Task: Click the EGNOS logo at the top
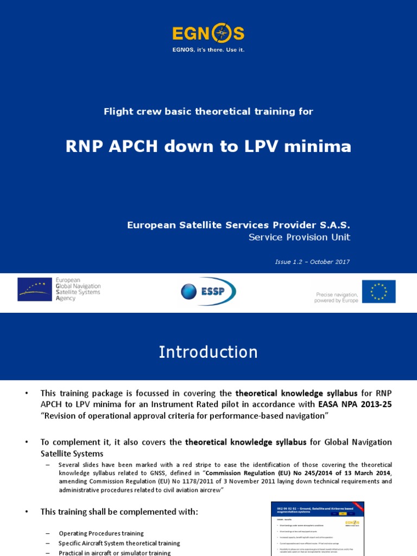click(208, 34)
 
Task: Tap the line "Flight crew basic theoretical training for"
click(208, 111)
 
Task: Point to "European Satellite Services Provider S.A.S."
click(238, 225)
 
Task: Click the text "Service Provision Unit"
click(299, 237)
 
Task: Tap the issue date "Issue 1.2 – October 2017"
click(312, 262)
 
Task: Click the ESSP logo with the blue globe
click(208, 292)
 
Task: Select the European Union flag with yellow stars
click(378, 292)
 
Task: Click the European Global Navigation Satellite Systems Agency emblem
click(36, 289)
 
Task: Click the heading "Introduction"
click(208, 352)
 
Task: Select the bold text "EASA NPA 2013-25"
click(355, 404)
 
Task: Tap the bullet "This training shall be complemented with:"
click(119, 511)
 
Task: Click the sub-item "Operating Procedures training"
click(102, 533)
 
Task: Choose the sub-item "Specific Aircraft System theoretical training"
click(119, 543)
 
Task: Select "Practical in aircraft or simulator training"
click(115, 552)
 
